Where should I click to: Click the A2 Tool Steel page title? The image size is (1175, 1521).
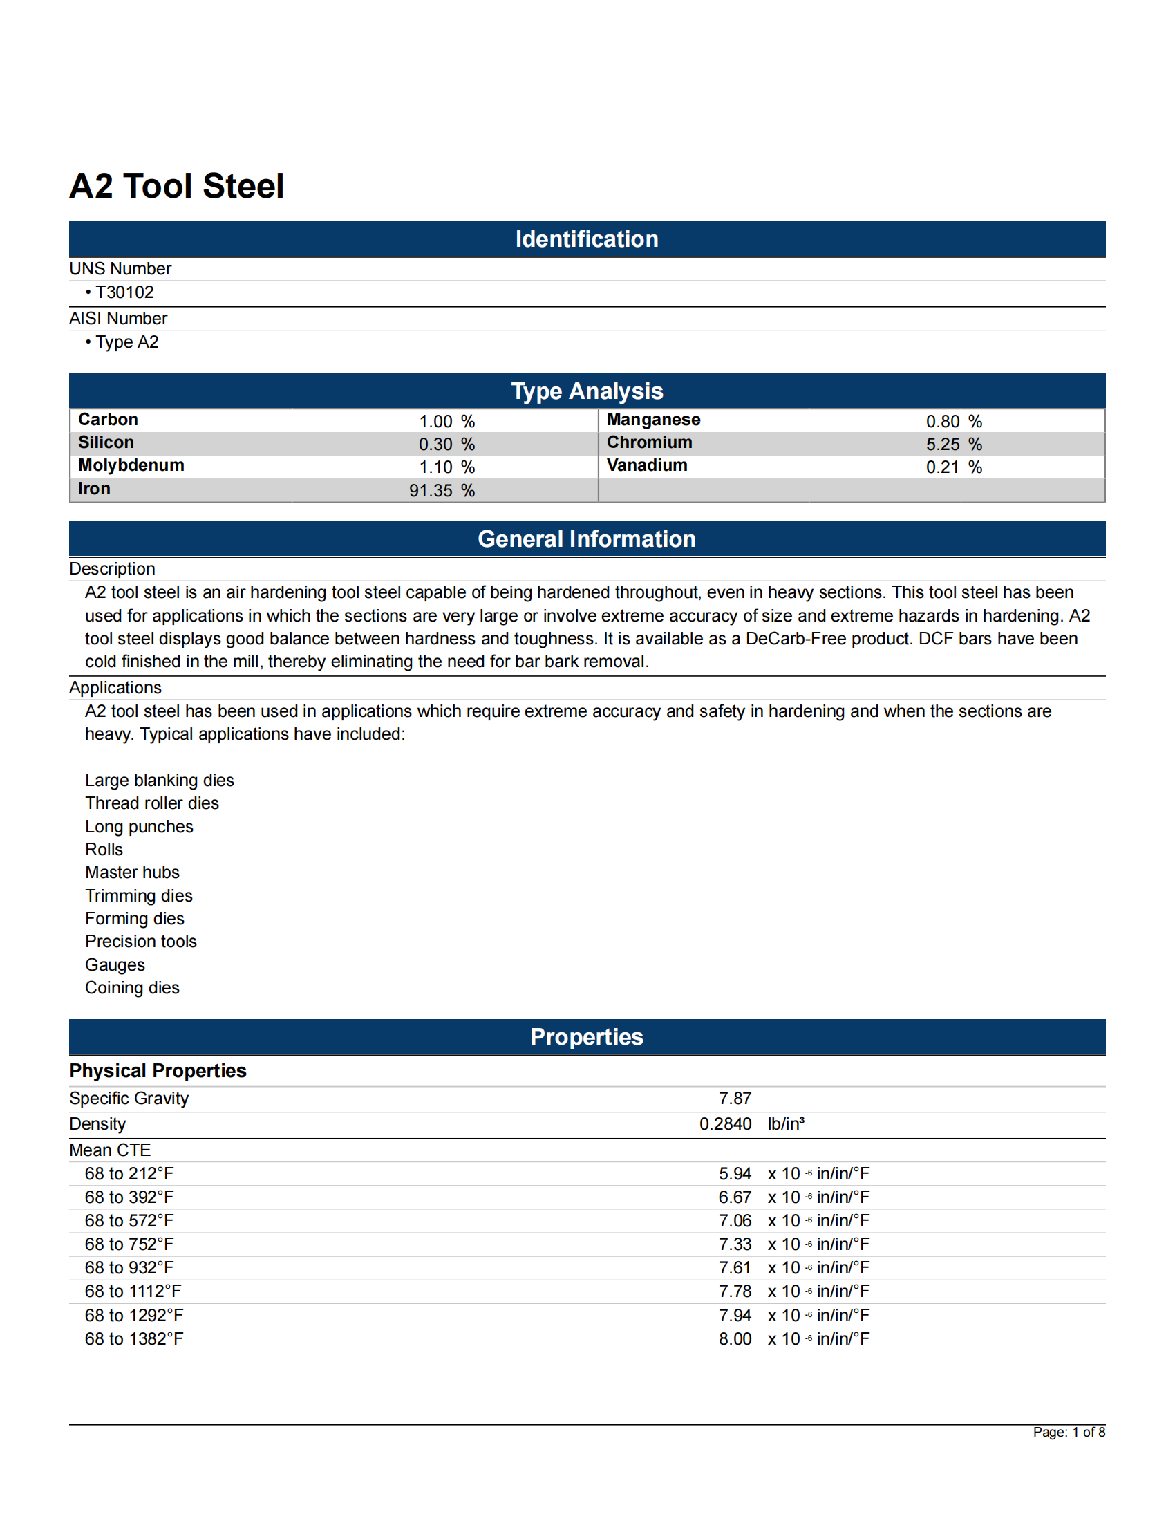point(177,186)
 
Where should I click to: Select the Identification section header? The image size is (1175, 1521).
point(586,239)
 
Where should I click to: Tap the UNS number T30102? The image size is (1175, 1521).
point(124,292)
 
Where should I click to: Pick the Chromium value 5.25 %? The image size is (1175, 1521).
point(953,445)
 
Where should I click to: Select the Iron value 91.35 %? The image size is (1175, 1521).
point(442,490)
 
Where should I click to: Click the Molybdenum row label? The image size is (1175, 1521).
point(131,465)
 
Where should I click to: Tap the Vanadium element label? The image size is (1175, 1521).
point(647,465)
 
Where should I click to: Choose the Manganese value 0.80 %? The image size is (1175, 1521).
point(953,421)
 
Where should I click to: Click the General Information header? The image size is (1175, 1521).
point(586,539)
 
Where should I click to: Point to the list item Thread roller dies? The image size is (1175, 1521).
point(152,803)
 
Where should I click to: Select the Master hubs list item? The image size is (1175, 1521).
point(132,872)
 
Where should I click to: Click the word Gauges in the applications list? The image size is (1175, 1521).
point(115,964)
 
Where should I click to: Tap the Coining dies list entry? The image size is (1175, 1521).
point(132,987)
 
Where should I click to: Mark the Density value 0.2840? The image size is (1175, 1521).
point(724,1124)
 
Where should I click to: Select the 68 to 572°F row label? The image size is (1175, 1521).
point(129,1220)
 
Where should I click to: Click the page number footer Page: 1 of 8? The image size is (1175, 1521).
point(1069,1432)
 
